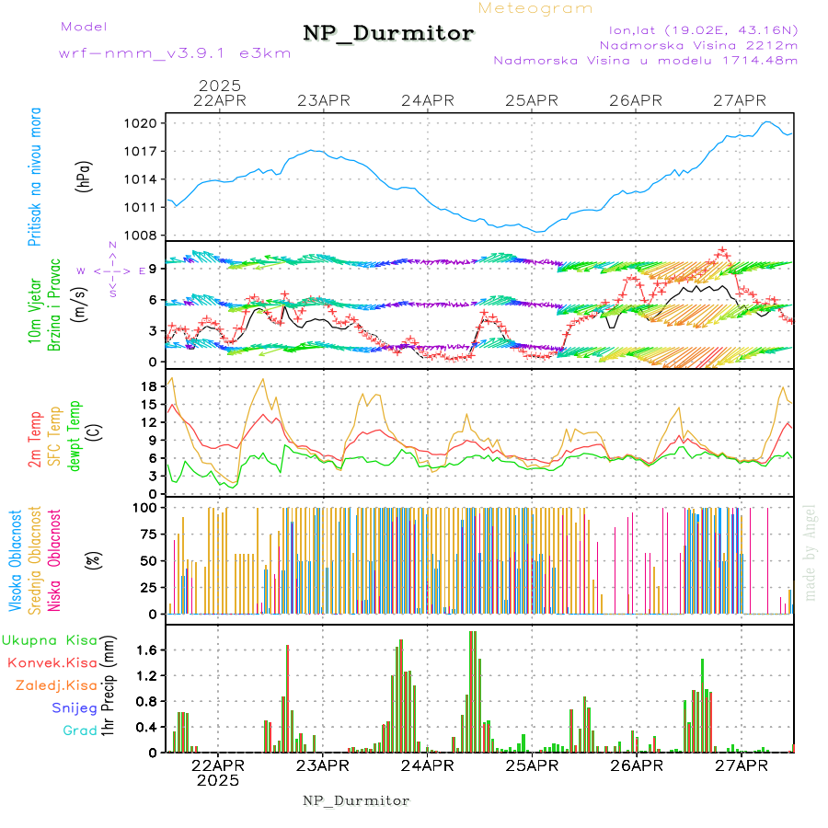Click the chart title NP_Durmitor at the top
click(388, 34)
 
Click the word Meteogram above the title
click(535, 8)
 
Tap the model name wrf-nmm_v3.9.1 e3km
click(175, 53)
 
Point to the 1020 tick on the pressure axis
click(147, 123)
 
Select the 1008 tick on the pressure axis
click(147, 235)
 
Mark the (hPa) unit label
click(84, 179)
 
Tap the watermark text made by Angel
click(810, 552)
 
